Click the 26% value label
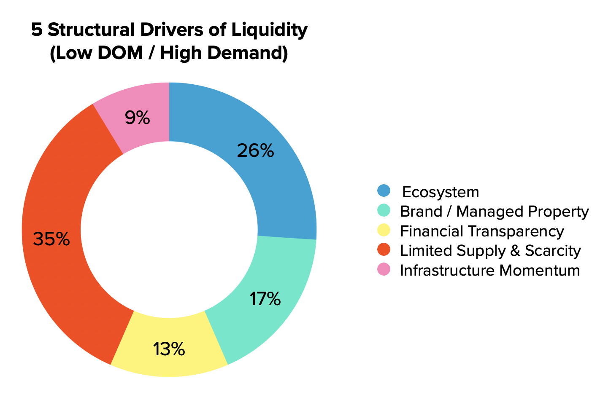(255, 151)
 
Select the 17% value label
(265, 299)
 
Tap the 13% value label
(169, 349)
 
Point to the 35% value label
(51, 239)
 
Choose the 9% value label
(137, 118)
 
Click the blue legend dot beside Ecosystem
(384, 190)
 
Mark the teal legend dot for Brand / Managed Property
(384, 210)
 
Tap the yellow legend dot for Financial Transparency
(384, 230)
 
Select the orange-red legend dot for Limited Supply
(384, 249)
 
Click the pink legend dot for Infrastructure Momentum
(384, 269)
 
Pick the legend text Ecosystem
(441, 192)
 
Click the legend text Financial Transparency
(482, 231)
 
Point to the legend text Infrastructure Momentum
(490, 270)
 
